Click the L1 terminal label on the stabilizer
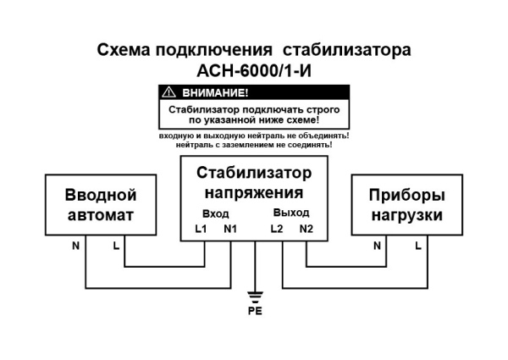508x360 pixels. tap(201, 229)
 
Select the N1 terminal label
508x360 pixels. tap(231, 229)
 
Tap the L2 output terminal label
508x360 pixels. tap(276, 229)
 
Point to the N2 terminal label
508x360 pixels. tap(306, 229)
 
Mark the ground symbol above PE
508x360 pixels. tap(255, 296)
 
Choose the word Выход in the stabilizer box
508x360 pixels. tap(291, 213)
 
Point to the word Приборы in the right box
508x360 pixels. tap(406, 196)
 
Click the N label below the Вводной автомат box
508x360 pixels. tap(75, 246)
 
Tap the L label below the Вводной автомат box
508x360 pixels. tap(115, 246)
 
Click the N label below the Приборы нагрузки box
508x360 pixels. tap(378, 246)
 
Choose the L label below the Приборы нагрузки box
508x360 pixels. tap(417, 246)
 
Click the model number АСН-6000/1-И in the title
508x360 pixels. tap(254, 70)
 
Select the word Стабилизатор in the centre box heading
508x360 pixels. tap(254, 174)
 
